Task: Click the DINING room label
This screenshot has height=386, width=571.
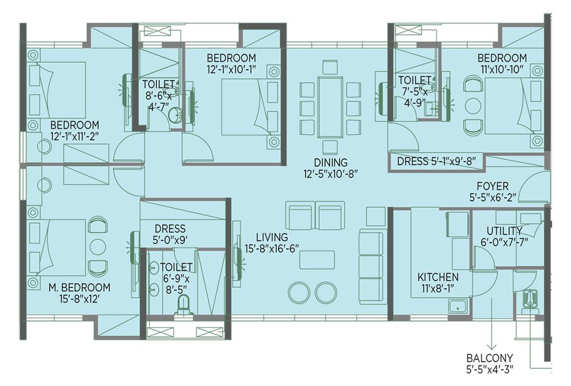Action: pyautogui.click(x=331, y=162)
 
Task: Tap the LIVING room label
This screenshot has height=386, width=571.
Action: pyautogui.click(x=272, y=238)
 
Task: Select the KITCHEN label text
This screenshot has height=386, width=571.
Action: pyautogui.click(x=438, y=277)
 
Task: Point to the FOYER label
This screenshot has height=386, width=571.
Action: pyautogui.click(x=493, y=186)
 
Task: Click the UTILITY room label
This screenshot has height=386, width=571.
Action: pyautogui.click(x=504, y=231)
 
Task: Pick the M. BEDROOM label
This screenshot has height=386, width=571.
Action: pyautogui.click(x=79, y=288)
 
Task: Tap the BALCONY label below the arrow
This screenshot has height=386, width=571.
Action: pyautogui.click(x=489, y=358)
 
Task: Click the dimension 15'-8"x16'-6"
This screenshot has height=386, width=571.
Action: pyautogui.click(x=272, y=249)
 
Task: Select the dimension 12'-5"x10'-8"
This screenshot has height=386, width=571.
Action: pyautogui.click(x=331, y=174)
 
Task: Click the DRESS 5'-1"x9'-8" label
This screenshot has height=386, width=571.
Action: pyautogui.click(x=436, y=162)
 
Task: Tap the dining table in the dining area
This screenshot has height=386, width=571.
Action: pyautogui.click(x=330, y=107)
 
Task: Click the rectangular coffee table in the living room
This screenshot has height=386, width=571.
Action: pyautogui.click(x=317, y=260)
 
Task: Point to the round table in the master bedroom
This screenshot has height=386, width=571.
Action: pyautogui.click(x=97, y=247)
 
